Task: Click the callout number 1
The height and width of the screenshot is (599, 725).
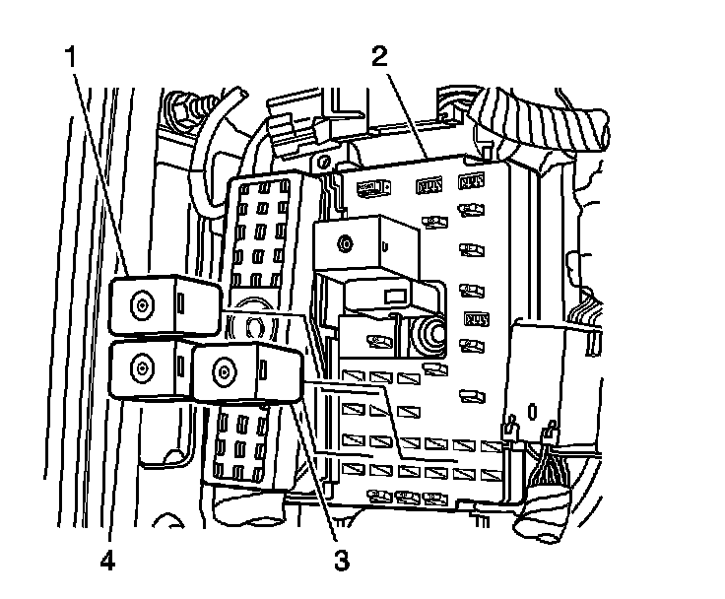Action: click(71, 57)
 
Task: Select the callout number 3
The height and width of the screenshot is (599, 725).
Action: click(341, 561)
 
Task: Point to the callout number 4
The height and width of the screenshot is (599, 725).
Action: click(106, 561)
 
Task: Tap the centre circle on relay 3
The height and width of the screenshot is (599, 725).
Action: click(226, 372)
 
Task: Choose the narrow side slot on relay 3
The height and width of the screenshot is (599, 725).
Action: click(265, 370)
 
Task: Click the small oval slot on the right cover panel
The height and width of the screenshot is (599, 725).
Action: click(533, 408)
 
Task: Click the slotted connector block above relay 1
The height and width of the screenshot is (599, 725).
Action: click(264, 232)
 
